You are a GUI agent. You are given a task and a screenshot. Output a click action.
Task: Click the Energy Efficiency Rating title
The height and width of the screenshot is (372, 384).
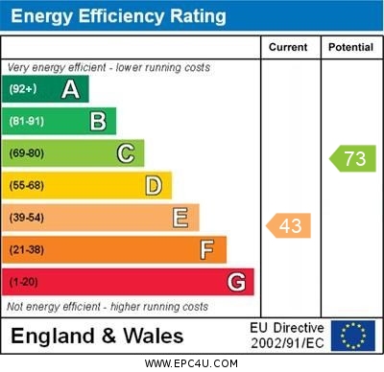[x=118, y=16]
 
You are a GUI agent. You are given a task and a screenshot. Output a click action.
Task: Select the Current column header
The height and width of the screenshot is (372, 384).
[x=288, y=47]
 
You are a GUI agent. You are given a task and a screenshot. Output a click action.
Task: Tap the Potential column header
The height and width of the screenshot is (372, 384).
[x=350, y=47]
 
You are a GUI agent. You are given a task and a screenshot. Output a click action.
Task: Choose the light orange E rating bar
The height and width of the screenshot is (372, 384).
[x=101, y=218]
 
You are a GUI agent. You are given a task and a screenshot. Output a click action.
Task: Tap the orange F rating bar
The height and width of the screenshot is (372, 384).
[x=114, y=249]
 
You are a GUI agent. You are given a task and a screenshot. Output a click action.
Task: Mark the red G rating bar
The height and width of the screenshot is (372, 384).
[x=128, y=282]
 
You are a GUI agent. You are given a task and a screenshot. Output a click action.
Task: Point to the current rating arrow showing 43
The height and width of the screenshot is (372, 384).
[x=288, y=225]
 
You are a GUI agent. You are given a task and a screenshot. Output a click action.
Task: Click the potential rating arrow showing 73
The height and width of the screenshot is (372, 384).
[x=352, y=159]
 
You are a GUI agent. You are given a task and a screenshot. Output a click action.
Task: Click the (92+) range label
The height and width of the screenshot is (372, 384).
[x=22, y=89]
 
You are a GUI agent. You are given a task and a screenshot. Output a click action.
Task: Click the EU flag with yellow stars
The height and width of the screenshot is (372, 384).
[x=353, y=336]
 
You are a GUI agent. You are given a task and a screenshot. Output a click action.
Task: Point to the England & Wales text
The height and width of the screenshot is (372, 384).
[x=96, y=337]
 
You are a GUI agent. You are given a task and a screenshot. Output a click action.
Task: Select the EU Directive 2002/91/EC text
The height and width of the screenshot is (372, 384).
[x=285, y=336]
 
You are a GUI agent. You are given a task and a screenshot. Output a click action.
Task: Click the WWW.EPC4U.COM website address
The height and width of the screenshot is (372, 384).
[x=192, y=363]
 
